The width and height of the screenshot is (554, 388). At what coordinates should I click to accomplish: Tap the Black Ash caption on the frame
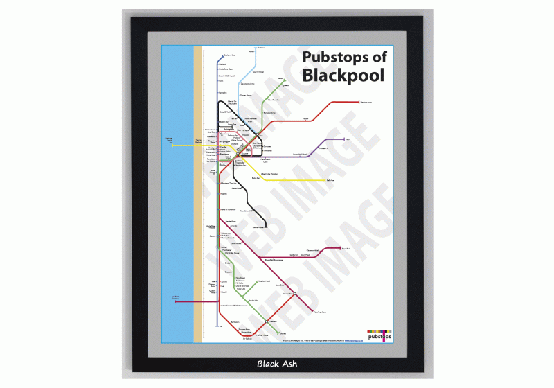pos(276,363)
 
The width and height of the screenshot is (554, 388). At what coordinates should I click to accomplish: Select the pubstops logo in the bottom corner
pos(379,335)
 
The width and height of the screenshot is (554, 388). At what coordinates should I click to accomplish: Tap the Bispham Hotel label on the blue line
pos(231,54)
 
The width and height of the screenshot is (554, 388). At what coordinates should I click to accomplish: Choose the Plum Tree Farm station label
pos(320,312)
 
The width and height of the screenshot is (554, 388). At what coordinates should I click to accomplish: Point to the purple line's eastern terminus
pos(344,140)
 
